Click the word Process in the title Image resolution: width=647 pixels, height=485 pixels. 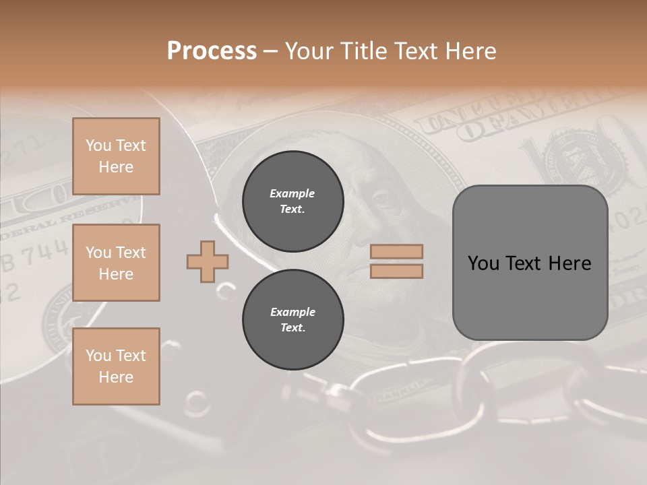pos(212,51)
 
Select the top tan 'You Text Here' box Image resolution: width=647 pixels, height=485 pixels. pos(116,156)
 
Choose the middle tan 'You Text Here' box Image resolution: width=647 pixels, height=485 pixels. pos(116,263)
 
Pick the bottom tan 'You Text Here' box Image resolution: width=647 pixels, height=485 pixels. pos(116,366)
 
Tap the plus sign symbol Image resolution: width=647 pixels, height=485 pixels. pos(208,261)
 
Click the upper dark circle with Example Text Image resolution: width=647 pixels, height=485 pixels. pos(292,201)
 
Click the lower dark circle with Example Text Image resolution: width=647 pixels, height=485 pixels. pos(292,320)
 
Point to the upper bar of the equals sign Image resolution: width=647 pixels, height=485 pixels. pos(396,252)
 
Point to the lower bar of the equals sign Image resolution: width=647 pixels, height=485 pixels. pos(396,271)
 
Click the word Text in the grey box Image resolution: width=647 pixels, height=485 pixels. pos(523,263)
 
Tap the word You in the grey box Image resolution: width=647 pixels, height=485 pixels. pos(483,263)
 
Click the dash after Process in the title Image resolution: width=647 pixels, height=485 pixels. pos(270,51)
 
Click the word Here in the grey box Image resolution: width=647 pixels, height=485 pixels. pos(569,263)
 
